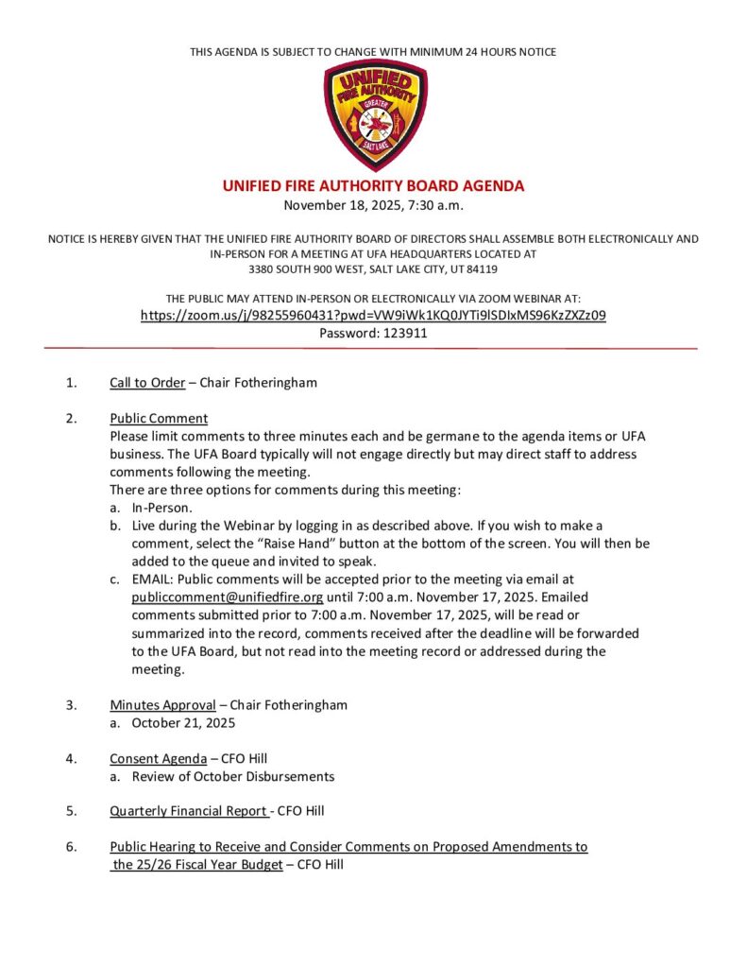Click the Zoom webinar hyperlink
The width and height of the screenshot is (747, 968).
click(x=373, y=315)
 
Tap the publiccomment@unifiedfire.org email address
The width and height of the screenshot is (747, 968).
click(x=228, y=597)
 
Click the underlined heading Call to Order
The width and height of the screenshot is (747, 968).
click(x=147, y=383)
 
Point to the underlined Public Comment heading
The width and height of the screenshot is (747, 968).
click(x=159, y=418)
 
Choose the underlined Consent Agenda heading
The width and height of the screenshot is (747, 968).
click(x=158, y=758)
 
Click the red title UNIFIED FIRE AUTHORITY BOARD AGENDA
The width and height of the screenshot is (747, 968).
click(x=373, y=186)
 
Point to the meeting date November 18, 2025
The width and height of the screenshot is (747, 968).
click(x=344, y=204)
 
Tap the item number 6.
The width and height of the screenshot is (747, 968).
click(x=72, y=847)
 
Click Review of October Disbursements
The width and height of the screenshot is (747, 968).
click(x=233, y=776)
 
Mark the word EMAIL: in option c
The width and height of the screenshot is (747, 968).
click(x=152, y=579)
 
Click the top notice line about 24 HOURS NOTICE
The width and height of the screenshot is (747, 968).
click(x=373, y=51)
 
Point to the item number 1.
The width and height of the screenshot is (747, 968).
click(x=72, y=383)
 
